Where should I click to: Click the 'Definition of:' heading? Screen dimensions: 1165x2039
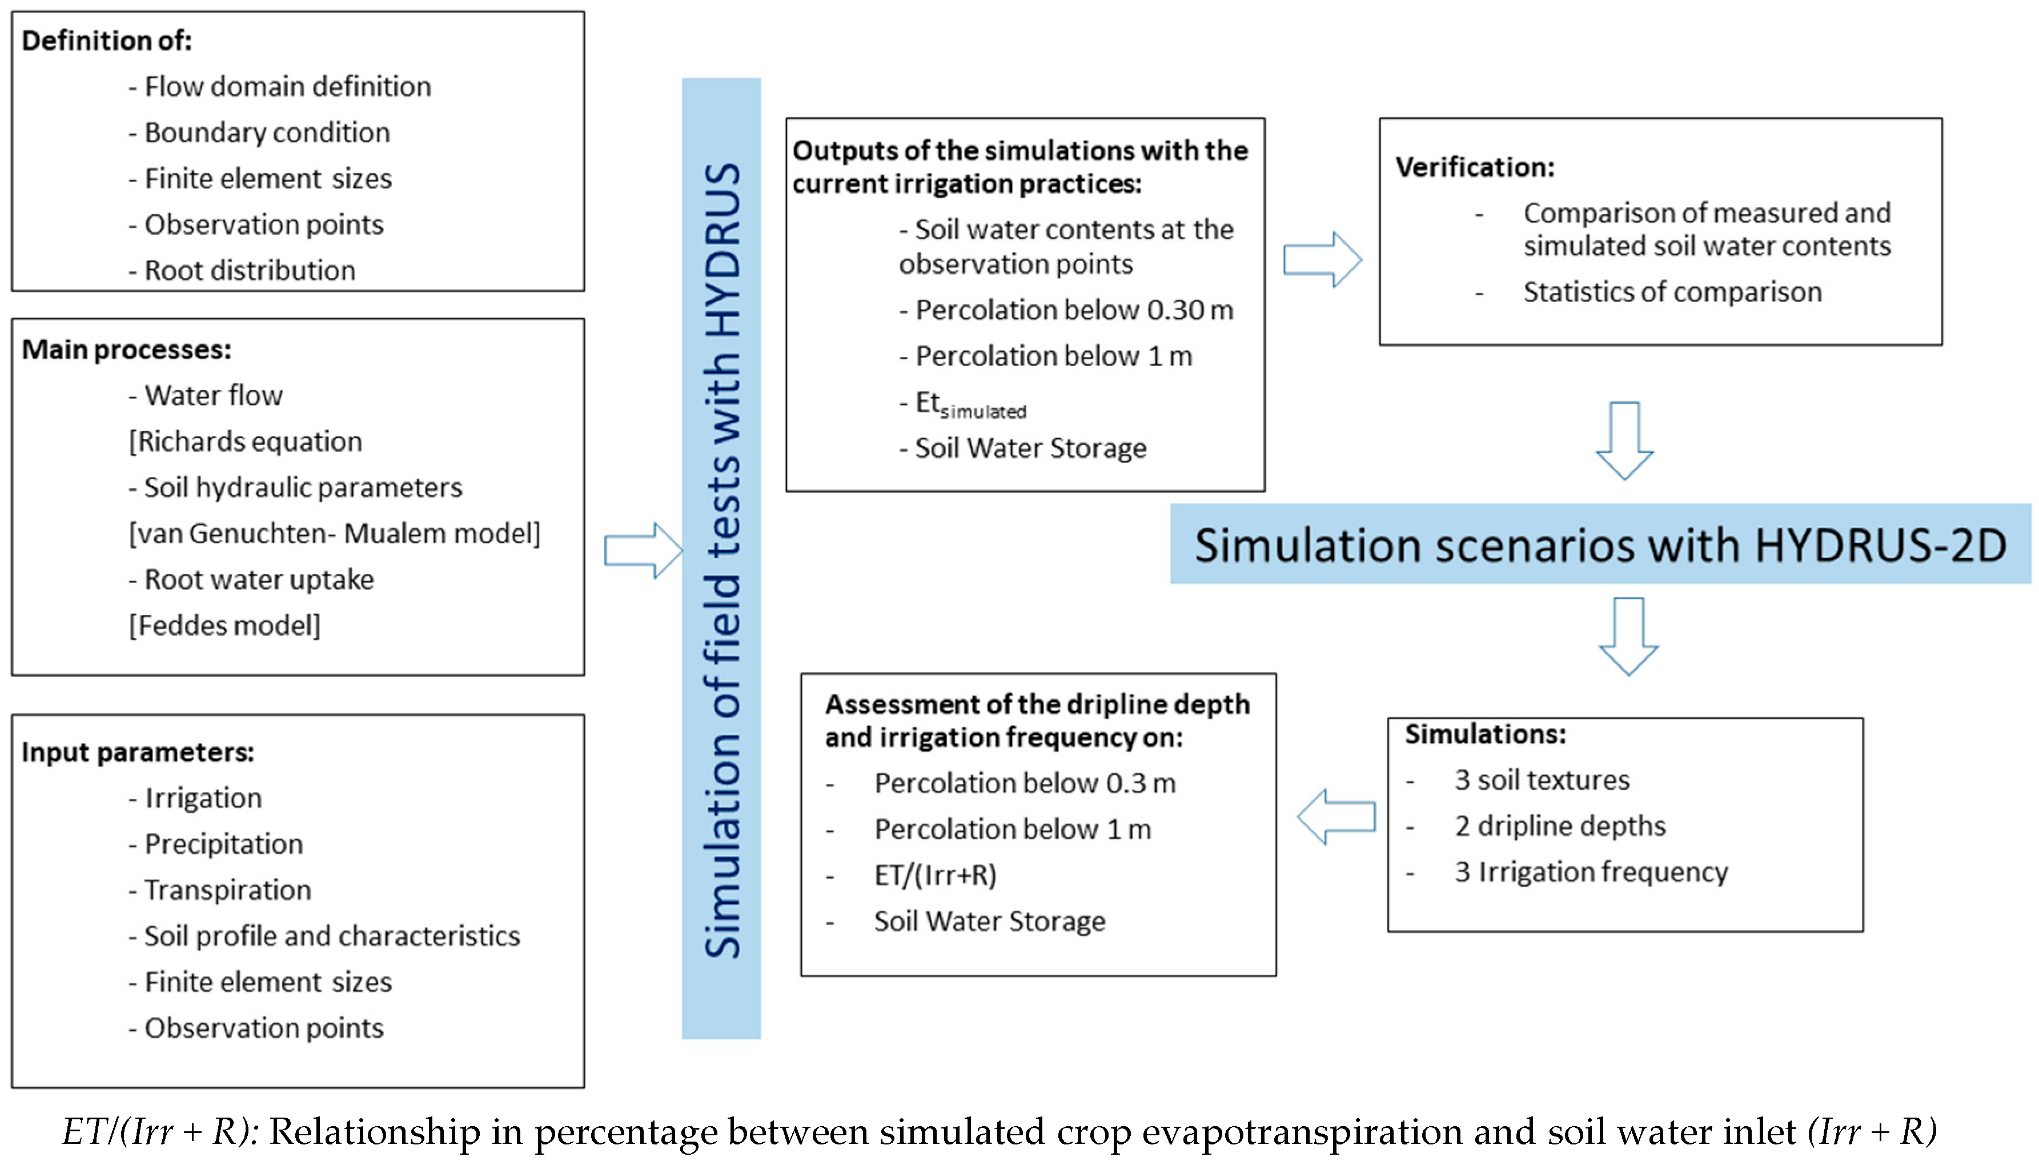coord(106,40)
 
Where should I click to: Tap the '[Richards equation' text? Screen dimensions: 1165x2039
coord(245,441)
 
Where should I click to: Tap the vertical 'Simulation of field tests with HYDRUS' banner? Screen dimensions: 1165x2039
coord(721,559)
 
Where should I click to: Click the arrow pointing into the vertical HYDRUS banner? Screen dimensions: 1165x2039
coord(643,551)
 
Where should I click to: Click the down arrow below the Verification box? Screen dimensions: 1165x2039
coord(1624,440)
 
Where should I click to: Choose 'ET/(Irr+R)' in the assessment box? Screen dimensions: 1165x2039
coord(934,875)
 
